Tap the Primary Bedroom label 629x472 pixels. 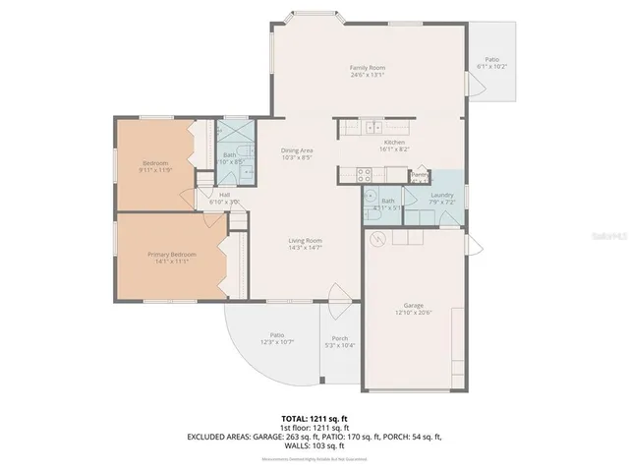172,255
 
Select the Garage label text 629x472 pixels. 412,306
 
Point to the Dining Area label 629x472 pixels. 297,149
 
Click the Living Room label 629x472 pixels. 306,240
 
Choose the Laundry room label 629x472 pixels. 443,195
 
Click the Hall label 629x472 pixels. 224,195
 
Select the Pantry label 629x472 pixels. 420,175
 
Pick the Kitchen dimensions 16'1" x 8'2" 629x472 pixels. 394,148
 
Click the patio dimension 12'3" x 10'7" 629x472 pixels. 278,342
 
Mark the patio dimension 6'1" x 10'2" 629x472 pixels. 491,66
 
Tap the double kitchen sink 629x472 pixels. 373,126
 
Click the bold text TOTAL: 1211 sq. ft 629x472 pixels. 314,418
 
